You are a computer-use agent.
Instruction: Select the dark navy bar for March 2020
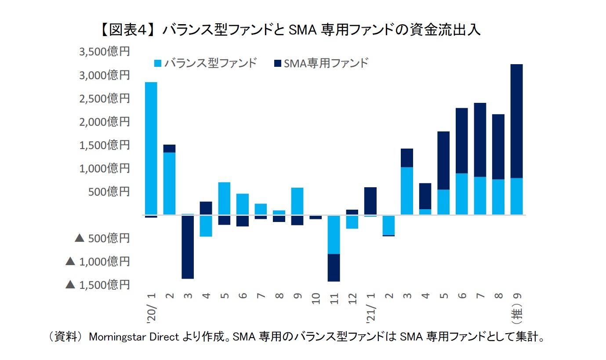click(x=188, y=247)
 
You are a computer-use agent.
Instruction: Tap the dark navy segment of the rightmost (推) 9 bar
click(x=517, y=121)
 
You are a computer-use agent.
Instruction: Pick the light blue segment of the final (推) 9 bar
click(x=517, y=196)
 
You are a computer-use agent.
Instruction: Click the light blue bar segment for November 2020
click(x=334, y=235)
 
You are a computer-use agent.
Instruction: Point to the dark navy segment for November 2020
click(x=334, y=268)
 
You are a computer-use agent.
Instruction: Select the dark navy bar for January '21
click(x=370, y=201)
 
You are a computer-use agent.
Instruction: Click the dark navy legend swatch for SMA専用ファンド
click(x=277, y=63)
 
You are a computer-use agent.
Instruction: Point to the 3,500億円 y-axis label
click(x=104, y=52)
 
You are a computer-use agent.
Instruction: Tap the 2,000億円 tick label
click(x=104, y=122)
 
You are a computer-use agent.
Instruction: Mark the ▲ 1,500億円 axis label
click(x=98, y=285)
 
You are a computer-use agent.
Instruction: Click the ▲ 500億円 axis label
click(x=102, y=238)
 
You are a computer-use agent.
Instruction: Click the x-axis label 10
click(x=316, y=295)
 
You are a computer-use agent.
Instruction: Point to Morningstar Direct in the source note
click(x=134, y=337)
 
